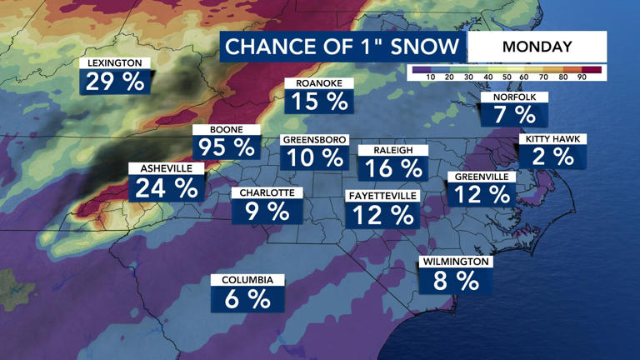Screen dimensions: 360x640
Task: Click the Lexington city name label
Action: point(115,63)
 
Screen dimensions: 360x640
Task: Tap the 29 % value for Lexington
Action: point(115,82)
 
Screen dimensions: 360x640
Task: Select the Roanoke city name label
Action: point(319,83)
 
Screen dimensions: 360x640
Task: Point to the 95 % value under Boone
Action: point(227,147)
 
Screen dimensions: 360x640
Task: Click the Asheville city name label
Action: point(166,168)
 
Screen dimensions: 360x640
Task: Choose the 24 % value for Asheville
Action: point(166,188)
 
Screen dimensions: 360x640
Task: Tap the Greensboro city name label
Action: point(314,140)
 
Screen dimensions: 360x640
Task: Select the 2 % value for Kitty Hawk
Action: point(552,156)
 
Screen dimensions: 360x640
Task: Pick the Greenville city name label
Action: point(482,177)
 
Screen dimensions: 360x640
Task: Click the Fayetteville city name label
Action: point(381,196)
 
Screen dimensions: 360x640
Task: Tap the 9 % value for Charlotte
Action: point(267,212)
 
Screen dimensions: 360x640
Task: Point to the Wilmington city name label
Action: point(455,262)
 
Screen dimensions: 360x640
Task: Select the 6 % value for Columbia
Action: point(247,299)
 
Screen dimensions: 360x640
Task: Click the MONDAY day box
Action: point(537,47)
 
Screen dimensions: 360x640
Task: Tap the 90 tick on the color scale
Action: point(582,77)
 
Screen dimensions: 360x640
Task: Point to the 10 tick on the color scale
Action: point(431,77)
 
